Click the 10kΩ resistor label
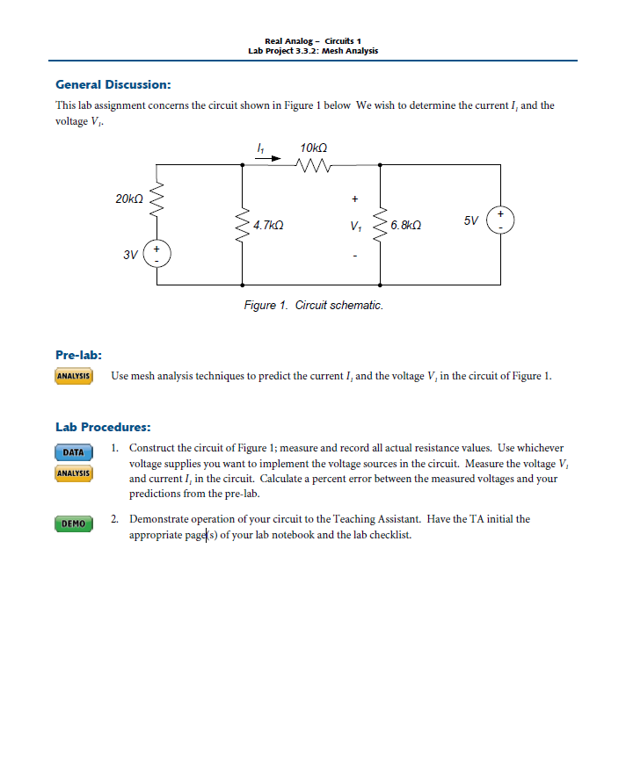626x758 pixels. pyautogui.click(x=314, y=147)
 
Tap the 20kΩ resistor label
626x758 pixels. pyautogui.click(x=128, y=200)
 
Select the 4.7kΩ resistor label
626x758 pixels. pyautogui.click(x=267, y=226)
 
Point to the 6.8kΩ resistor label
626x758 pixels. pyautogui.click(x=405, y=226)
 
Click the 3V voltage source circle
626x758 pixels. pyautogui.click(x=157, y=253)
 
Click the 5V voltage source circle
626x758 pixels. pyautogui.click(x=501, y=219)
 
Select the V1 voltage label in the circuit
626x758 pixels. pyautogui.click(x=354, y=226)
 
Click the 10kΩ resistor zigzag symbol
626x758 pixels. pyautogui.click(x=314, y=164)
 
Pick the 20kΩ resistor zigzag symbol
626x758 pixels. pyautogui.click(x=157, y=201)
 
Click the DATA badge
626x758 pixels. pyautogui.click(x=74, y=453)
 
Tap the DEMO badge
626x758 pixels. pyautogui.click(x=74, y=524)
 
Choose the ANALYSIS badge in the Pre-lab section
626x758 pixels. pyautogui.click(x=74, y=377)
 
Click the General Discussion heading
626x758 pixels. pyautogui.click(x=113, y=85)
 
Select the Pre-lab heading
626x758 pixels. pyautogui.click(x=78, y=355)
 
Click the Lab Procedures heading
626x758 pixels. pyautogui.click(x=103, y=427)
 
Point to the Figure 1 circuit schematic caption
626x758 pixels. pyautogui.click(x=313, y=306)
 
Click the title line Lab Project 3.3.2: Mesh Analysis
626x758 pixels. pyautogui.click(x=313, y=51)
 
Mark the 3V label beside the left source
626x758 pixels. pyautogui.click(x=130, y=255)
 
